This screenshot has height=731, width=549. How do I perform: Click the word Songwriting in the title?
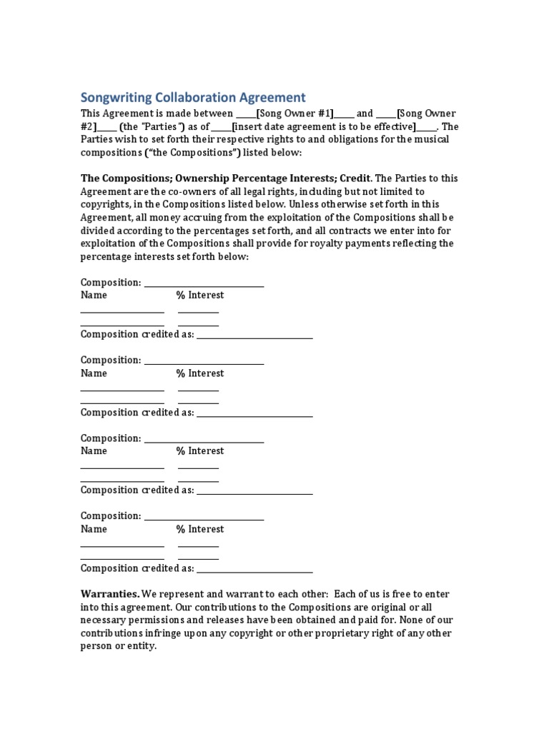[116, 97]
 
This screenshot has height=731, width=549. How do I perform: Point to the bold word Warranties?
[109, 594]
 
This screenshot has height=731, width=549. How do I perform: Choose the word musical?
[431, 139]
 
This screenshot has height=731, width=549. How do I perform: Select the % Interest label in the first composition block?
[200, 295]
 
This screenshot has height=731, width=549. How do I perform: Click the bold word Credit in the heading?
[357, 178]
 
